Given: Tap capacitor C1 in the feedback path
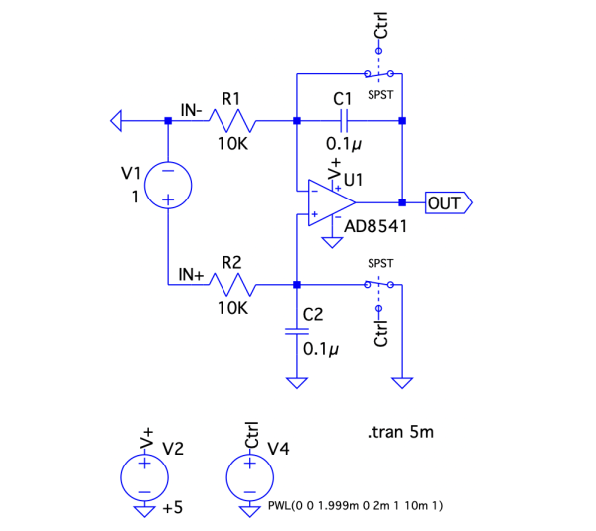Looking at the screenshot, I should pyautogui.click(x=343, y=121).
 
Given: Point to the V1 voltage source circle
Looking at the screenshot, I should pyautogui.click(x=168, y=186).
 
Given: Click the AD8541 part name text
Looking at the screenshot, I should pyautogui.click(x=376, y=227).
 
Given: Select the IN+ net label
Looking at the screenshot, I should pyautogui.click(x=191, y=274).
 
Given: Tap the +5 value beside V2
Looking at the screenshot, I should pyautogui.click(x=172, y=508).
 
